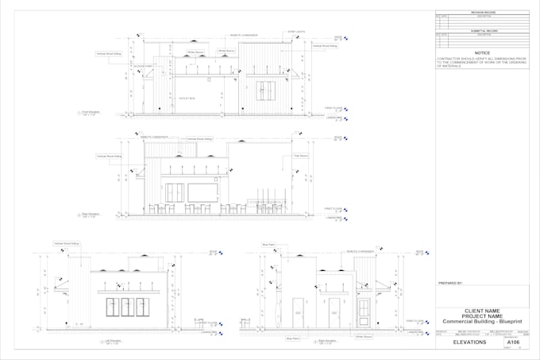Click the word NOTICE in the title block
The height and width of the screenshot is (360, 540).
point(482,52)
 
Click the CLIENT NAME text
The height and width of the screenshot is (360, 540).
point(481,311)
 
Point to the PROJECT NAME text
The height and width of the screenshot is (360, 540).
point(481,315)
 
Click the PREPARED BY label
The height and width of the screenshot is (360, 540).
point(450,283)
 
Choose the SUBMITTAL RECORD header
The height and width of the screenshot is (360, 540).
point(481,30)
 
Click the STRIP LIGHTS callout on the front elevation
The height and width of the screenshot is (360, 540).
point(295,32)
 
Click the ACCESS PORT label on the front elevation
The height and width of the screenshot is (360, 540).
point(143,67)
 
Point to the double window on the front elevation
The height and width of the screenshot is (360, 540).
point(265,91)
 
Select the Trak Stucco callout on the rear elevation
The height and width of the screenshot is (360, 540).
point(301,155)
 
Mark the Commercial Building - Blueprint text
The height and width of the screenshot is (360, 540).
point(481,321)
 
